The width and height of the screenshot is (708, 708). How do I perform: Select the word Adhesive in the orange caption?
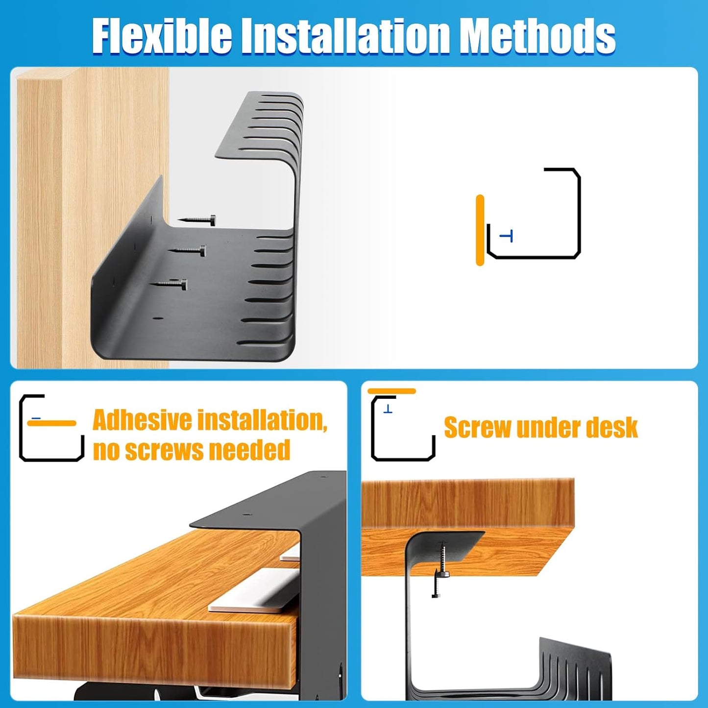(142, 420)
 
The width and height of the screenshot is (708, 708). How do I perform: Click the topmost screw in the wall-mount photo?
(197, 221)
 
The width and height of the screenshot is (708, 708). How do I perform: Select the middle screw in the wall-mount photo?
(188, 251)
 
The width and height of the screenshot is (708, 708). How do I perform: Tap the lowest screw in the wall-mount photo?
(169, 284)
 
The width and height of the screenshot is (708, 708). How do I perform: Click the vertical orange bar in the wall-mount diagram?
(480, 230)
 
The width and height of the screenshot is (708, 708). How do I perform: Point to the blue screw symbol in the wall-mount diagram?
(507, 237)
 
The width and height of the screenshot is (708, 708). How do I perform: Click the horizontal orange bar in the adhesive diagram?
(51, 423)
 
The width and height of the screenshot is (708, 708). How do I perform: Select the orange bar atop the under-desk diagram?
(391, 391)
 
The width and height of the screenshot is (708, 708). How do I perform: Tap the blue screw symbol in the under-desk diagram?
(388, 409)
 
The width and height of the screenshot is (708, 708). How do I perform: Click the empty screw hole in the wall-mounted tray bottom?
(158, 318)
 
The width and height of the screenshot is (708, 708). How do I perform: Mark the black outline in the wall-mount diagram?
(579, 216)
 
